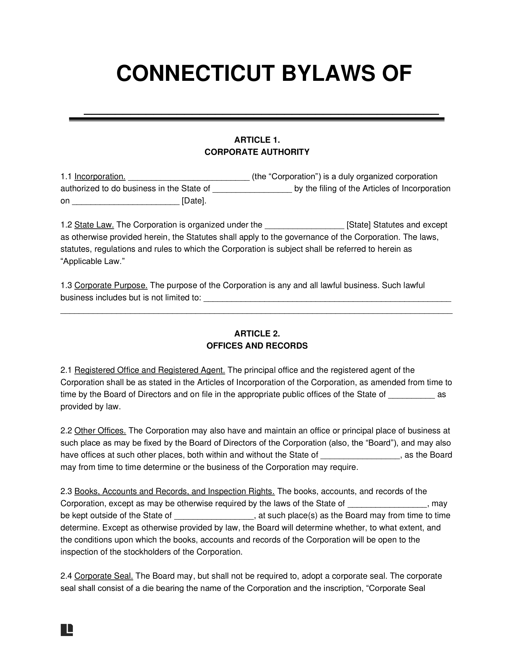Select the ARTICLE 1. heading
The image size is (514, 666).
(257, 140)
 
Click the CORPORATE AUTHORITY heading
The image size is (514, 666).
(257, 152)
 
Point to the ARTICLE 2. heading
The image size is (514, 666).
(257, 334)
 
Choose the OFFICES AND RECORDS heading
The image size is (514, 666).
(257, 346)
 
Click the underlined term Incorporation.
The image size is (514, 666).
(100, 176)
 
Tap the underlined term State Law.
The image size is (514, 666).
(94, 225)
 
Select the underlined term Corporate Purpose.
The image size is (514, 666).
(111, 285)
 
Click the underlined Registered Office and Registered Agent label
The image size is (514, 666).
(149, 370)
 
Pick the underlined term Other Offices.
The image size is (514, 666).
(100, 430)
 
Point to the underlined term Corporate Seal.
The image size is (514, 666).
(103, 576)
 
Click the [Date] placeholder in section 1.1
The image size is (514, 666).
(194, 201)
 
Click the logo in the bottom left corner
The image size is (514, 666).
(67, 630)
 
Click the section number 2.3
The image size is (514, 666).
(66, 491)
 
